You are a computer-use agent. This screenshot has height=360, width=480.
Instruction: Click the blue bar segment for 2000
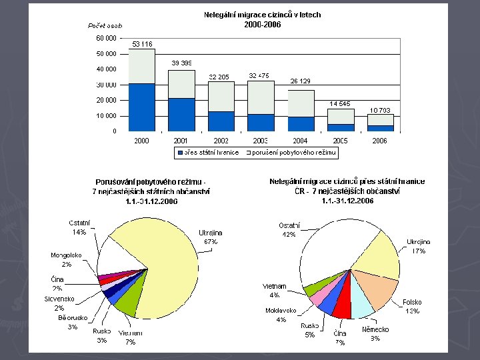pyautogui.click(x=141, y=107)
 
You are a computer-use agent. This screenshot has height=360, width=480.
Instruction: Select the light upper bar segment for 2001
pyautogui.click(x=181, y=84)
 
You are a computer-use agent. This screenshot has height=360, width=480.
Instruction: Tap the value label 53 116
pyautogui.click(x=141, y=44)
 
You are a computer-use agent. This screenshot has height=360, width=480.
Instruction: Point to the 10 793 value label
pyautogui.click(x=380, y=110)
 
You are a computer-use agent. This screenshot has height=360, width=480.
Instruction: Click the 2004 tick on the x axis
pyautogui.click(x=300, y=141)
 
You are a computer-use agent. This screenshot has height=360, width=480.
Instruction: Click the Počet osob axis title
pyautogui.click(x=105, y=25)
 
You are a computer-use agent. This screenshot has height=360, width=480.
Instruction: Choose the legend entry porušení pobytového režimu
pyautogui.click(x=293, y=153)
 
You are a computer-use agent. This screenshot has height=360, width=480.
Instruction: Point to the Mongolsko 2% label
pyautogui.click(x=66, y=259)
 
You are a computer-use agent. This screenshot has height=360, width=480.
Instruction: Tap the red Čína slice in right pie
pyautogui.click(x=341, y=307)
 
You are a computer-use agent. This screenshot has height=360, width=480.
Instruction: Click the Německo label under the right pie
pyautogui.click(x=375, y=329)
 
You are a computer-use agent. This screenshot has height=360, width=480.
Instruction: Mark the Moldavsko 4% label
pyautogui.click(x=281, y=315)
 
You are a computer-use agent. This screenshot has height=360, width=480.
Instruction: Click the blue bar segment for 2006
pyautogui.click(x=381, y=127)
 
